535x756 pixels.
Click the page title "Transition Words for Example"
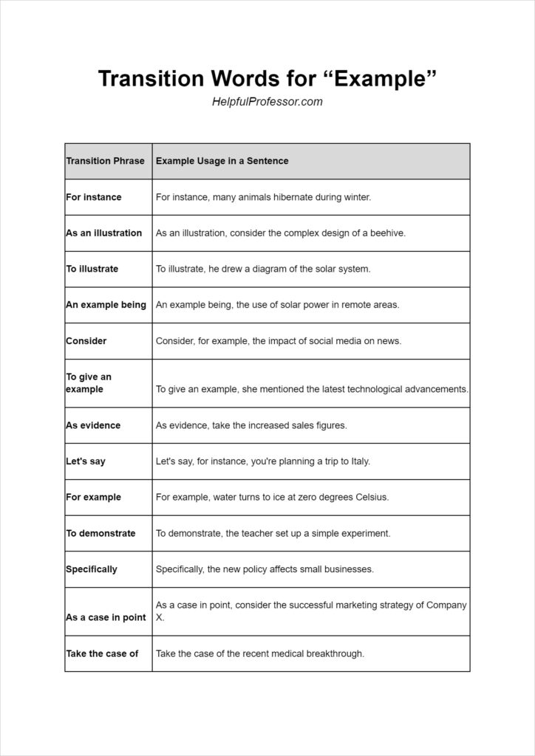[267, 79]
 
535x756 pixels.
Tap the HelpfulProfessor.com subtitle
[267, 102]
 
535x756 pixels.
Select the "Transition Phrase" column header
[106, 161]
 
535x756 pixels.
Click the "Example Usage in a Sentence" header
[222, 161]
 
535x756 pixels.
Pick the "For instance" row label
[94, 197]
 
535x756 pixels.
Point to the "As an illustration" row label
[104, 233]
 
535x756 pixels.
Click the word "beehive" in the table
[386, 233]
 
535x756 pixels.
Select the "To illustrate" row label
[92, 269]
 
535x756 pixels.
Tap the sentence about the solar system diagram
[262, 269]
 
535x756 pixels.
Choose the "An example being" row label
[106, 305]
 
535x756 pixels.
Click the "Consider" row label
[86, 341]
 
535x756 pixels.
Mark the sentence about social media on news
[278, 341]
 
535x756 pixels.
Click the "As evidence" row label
[93, 426]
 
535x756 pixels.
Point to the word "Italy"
[359, 461]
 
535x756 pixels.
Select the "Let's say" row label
[86, 461]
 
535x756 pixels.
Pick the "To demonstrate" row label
[100, 534]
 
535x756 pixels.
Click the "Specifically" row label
[92, 570]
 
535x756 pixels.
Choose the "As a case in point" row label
[106, 617]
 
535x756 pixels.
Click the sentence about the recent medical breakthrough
[259, 653]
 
